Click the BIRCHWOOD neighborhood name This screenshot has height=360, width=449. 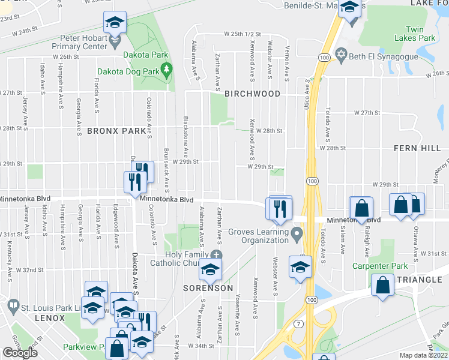252,94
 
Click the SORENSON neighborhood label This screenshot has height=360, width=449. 208,288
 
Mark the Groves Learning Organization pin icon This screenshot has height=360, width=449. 295,232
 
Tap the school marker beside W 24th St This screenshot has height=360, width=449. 115,23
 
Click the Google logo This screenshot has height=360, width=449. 20,353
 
